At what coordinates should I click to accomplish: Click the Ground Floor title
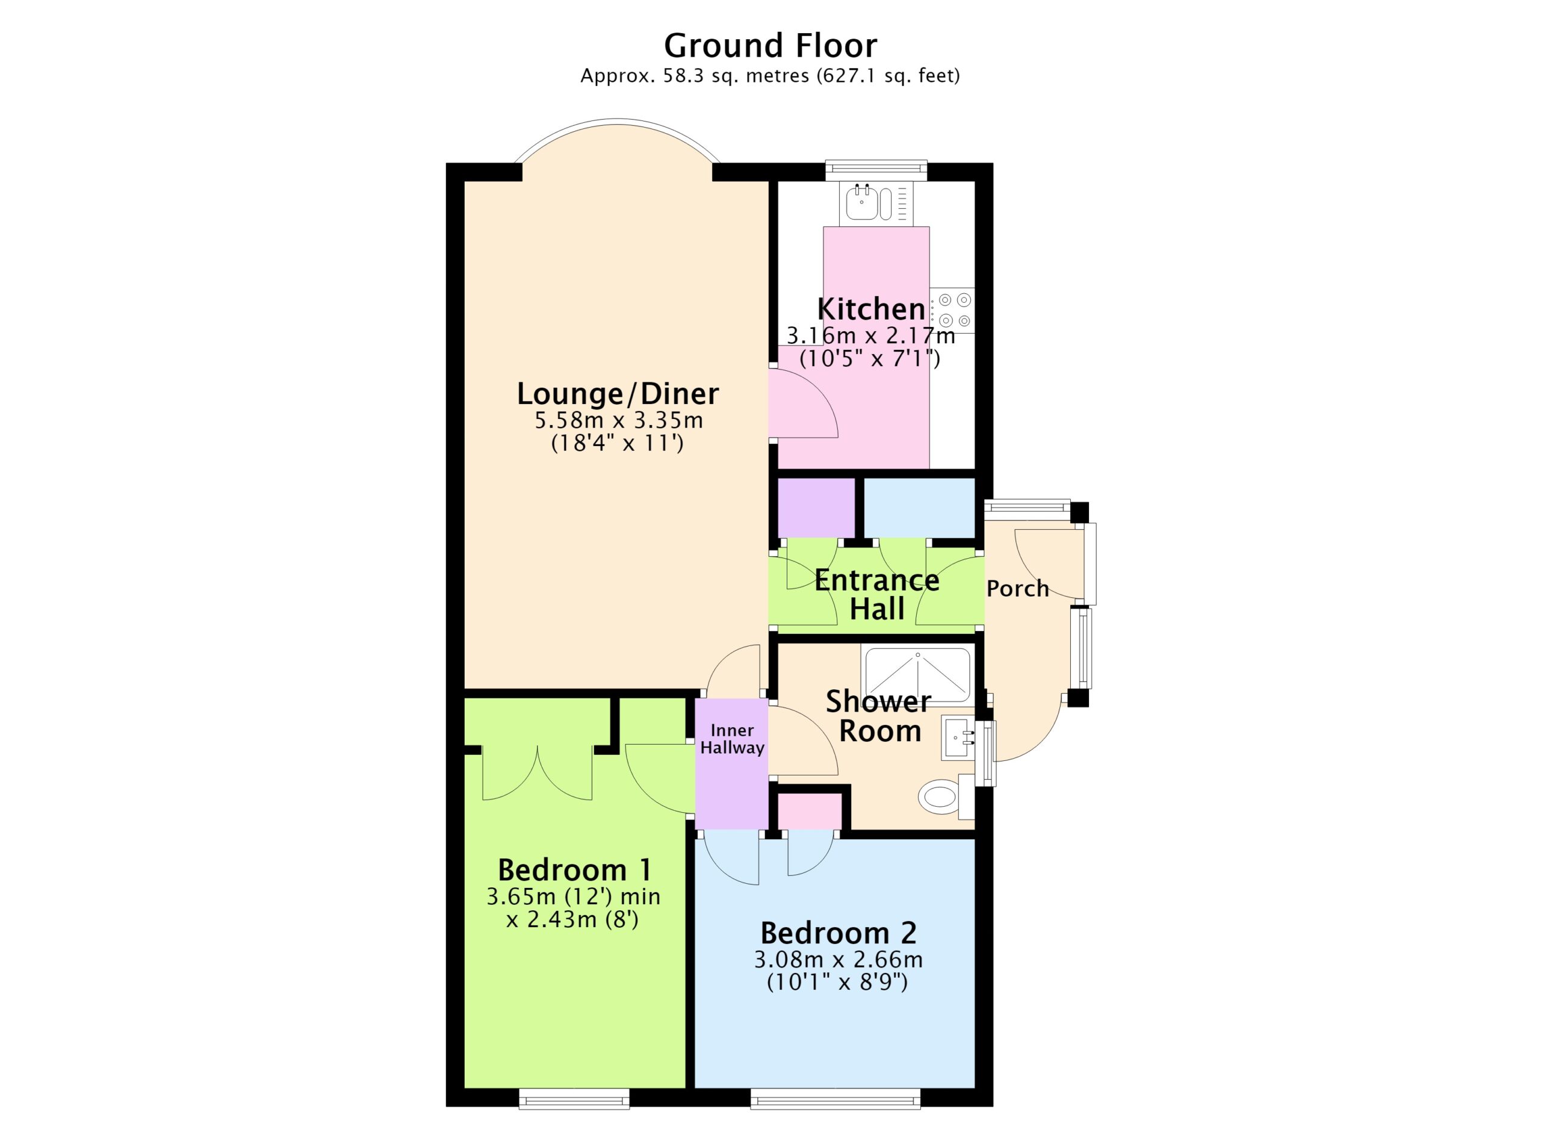tap(770, 46)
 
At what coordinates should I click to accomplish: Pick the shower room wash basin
tap(959, 738)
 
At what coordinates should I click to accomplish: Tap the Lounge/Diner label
tap(617, 393)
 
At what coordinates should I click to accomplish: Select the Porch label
tap(1017, 588)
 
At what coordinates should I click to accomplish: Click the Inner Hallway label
tap(732, 739)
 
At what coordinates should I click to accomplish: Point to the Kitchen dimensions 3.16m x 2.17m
tap(870, 335)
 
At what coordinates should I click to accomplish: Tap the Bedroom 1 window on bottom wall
tap(574, 1098)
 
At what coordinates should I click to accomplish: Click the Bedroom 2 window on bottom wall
tap(835, 1098)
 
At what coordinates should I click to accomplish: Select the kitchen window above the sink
tap(876, 170)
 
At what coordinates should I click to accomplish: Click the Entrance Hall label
tap(876, 594)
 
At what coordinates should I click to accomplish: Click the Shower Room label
tap(878, 716)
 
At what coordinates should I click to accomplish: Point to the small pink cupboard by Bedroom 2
tap(809, 811)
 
